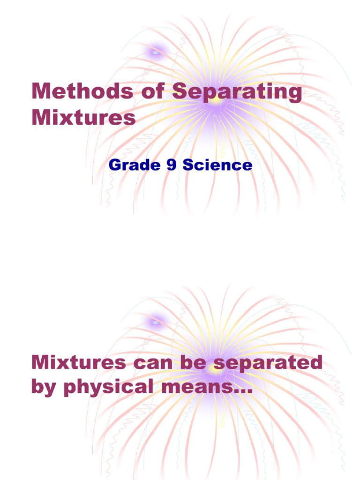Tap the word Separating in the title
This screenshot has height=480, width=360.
(237, 92)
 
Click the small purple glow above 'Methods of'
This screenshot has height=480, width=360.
(155, 52)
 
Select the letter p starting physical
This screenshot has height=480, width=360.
(68, 389)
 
